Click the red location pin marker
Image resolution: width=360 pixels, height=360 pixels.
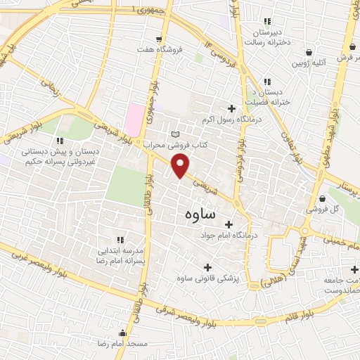[x=181, y=166]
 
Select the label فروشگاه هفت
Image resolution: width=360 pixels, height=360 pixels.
[x=160, y=50]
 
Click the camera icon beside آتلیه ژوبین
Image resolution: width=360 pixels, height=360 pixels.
[x=309, y=51]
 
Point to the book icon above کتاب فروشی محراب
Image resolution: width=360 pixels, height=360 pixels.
[x=175, y=134]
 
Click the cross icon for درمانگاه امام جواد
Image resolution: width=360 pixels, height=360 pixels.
[x=227, y=224]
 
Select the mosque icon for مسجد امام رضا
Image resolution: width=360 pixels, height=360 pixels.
[x=123, y=333]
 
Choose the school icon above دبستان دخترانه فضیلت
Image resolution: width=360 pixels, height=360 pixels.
[x=266, y=82]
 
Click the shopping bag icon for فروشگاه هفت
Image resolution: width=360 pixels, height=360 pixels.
[x=160, y=39]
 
